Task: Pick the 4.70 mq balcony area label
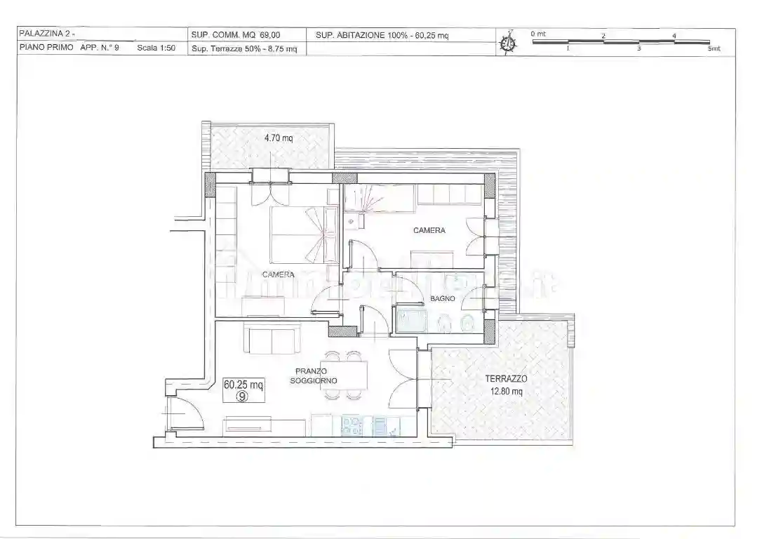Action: [279, 138]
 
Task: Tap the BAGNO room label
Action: [443, 298]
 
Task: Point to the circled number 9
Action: [242, 396]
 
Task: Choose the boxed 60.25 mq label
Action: [243, 385]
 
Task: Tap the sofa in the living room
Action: [272, 339]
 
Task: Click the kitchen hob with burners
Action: [352, 425]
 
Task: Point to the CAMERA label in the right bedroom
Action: [429, 230]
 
